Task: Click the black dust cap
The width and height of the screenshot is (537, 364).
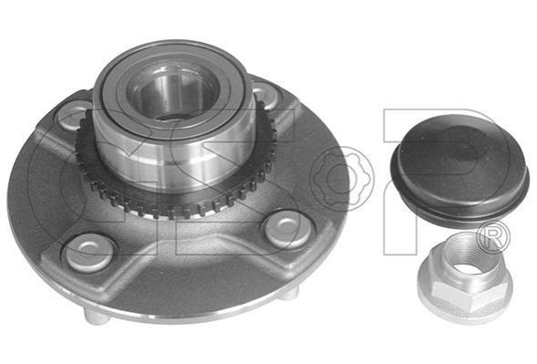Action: [x=460, y=171]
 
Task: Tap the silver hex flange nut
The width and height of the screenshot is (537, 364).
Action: [x=465, y=278]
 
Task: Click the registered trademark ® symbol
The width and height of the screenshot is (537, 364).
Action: [x=494, y=237]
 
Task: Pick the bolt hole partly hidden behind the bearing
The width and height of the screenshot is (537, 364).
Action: [x=265, y=92]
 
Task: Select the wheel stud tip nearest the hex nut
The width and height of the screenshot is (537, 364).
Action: [x=288, y=294]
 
